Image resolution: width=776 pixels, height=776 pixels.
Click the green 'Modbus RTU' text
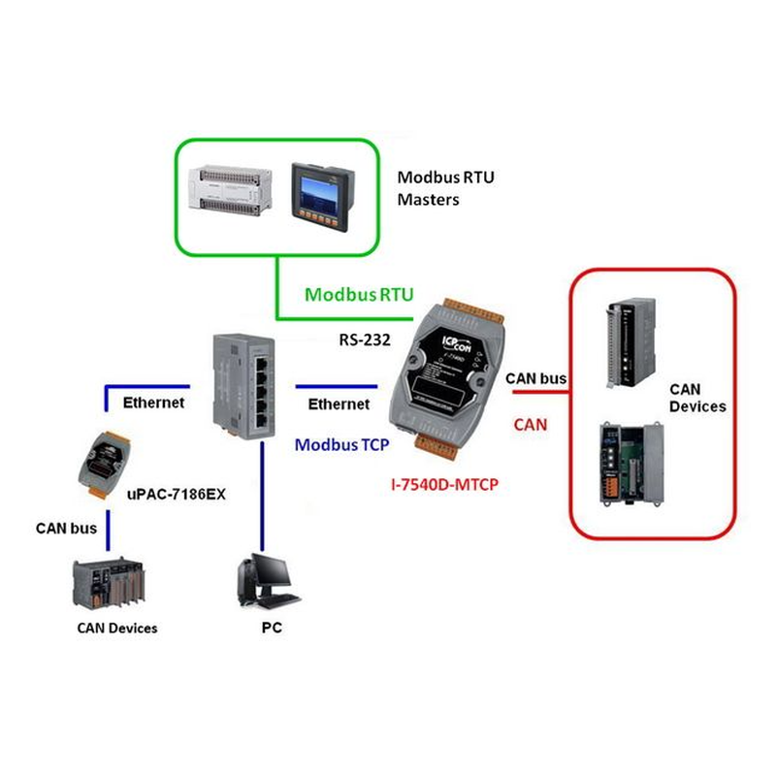click(359, 294)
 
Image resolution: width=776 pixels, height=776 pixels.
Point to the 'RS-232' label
click(363, 339)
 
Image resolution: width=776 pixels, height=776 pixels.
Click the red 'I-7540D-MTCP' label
click(440, 482)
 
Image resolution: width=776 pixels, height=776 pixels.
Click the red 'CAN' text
click(530, 424)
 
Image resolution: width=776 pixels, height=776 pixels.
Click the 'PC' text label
click(272, 628)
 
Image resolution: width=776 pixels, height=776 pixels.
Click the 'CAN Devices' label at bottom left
click(116, 628)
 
